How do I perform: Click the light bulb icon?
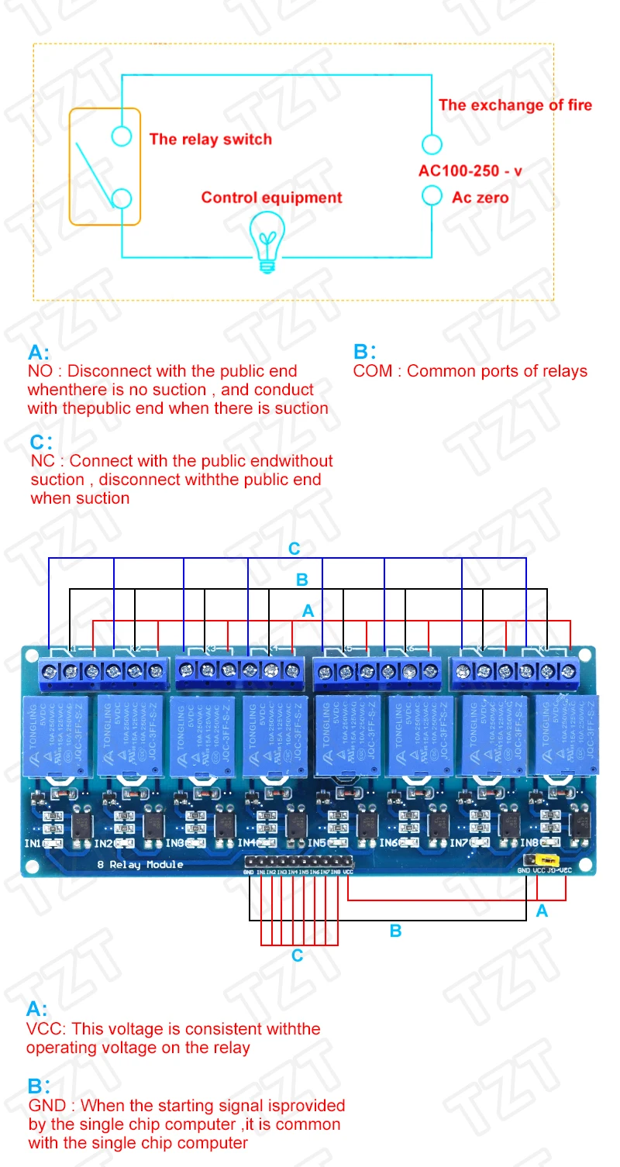267,243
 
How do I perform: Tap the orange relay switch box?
105,167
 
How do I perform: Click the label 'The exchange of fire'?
515,105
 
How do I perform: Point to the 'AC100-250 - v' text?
470,170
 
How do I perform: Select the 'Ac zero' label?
480,198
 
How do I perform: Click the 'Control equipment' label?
271,198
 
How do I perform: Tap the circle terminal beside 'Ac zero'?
432,195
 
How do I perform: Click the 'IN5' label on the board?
317,842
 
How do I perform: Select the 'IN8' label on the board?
531,842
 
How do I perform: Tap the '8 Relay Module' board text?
139,864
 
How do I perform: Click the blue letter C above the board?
294,549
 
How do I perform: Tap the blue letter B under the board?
395,930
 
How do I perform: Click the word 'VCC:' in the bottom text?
44,1029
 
